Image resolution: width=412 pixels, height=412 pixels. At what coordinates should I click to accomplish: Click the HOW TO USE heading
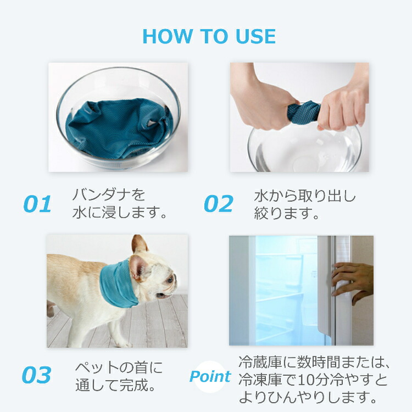(x=209, y=36)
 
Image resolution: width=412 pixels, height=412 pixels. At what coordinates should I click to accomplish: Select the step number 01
(x=37, y=204)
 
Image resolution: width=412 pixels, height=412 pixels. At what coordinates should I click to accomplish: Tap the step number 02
(x=219, y=204)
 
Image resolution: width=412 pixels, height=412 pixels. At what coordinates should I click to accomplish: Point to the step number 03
(x=36, y=375)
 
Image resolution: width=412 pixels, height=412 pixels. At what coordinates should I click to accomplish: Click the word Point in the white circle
(x=210, y=376)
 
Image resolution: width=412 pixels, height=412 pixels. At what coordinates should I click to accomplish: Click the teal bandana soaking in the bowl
(x=119, y=129)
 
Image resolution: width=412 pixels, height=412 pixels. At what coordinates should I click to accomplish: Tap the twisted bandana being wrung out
(x=304, y=112)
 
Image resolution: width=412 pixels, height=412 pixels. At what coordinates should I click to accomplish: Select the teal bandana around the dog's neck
(x=118, y=285)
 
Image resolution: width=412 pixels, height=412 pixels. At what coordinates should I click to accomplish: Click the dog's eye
(x=170, y=280)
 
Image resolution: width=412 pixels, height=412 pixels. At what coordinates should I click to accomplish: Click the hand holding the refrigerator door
(x=352, y=282)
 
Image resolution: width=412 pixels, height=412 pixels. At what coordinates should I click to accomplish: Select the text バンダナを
(x=109, y=194)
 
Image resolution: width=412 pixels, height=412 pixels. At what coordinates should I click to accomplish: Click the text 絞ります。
(x=286, y=213)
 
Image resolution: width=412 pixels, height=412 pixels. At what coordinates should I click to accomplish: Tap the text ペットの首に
(x=119, y=368)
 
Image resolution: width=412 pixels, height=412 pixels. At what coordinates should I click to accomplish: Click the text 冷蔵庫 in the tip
(x=260, y=363)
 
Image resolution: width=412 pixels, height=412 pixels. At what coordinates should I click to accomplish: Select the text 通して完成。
(x=115, y=385)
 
